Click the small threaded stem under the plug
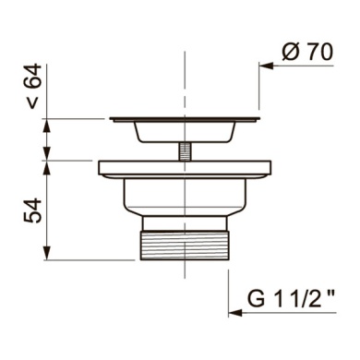[185, 151]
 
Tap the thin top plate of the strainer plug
[185, 119]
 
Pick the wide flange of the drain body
[185, 168]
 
